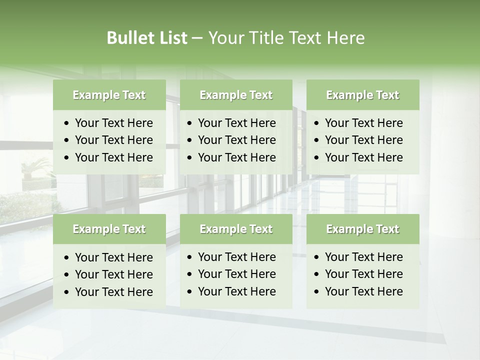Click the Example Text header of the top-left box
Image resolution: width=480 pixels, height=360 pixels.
point(109,95)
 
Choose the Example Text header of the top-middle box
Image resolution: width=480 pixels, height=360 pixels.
point(236,95)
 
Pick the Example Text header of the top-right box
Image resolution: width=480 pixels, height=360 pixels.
point(362,95)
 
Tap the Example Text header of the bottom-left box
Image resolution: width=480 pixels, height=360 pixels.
point(109,229)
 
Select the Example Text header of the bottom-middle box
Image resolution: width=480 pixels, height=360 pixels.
point(236,229)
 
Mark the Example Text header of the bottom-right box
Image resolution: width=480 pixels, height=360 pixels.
point(362,229)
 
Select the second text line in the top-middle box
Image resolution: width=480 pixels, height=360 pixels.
point(236,140)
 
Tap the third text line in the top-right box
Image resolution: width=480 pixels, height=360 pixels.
point(363,157)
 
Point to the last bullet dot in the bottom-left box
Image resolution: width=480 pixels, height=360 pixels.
point(67,292)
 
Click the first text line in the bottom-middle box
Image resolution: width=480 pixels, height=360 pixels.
point(236,257)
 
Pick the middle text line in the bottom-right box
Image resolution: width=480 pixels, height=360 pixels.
point(363,274)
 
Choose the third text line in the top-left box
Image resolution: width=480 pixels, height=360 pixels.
point(113,157)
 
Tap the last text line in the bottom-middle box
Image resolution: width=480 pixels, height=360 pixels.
point(236,291)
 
